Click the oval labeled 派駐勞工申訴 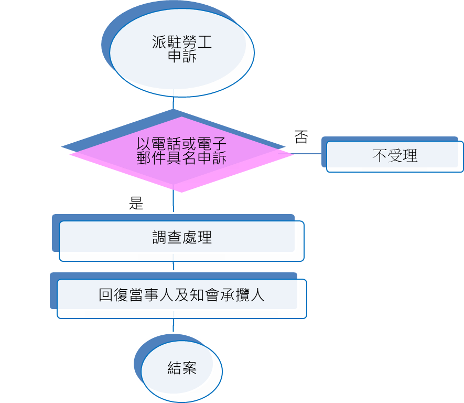[x=182, y=52]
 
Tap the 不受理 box [x=395, y=156]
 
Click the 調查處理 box [x=181, y=241]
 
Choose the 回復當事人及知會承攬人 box [x=181, y=299]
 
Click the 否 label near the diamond [x=301, y=137]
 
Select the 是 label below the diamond [x=136, y=204]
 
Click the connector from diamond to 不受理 [x=309, y=154]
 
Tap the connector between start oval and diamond [x=173, y=103]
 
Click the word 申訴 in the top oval [x=182, y=57]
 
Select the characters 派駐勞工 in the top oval [x=182, y=43]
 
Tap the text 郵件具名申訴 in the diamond [x=181, y=158]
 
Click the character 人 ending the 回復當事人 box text [x=258, y=295]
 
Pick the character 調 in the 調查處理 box [x=159, y=237]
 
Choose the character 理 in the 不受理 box [x=411, y=155]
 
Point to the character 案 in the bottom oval [x=189, y=368]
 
